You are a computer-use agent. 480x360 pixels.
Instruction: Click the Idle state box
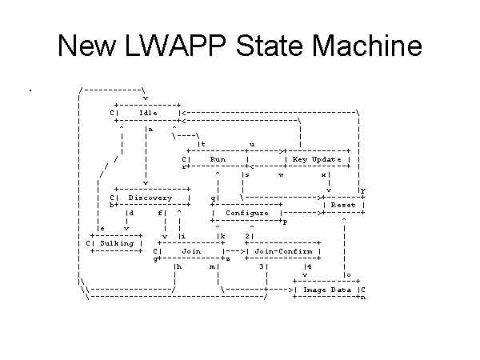point(148,112)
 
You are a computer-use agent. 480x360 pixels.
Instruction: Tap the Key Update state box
point(317,159)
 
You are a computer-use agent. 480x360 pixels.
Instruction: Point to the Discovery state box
point(150,197)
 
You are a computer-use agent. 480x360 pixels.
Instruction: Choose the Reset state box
point(342,205)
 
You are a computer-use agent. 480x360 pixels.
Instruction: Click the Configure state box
point(247,213)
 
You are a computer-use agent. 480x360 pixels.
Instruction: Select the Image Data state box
point(328,289)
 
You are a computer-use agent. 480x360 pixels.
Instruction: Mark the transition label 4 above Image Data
point(309,266)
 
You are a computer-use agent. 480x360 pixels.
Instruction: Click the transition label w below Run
point(281,174)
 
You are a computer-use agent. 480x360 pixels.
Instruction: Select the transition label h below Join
point(179,266)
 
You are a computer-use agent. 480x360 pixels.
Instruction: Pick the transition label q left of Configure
point(214,197)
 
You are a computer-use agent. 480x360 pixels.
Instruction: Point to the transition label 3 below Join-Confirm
point(262,266)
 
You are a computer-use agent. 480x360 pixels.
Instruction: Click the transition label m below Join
point(212,266)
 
